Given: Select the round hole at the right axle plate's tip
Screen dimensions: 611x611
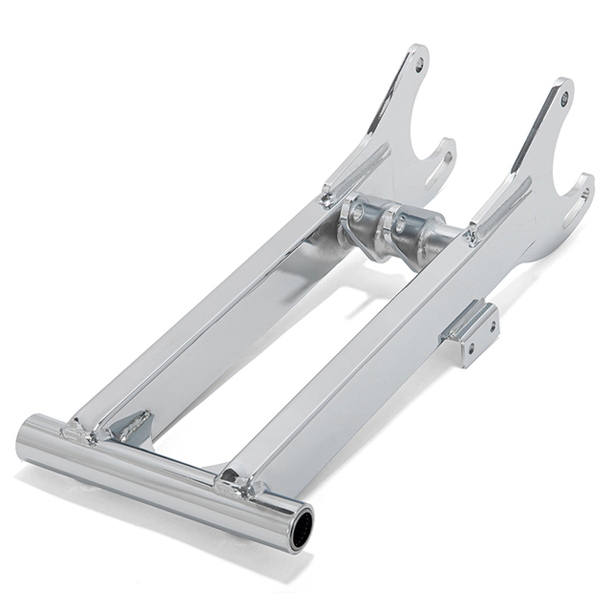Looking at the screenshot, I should point(564,97).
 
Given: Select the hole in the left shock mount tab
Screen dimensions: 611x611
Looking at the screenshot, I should point(358,216).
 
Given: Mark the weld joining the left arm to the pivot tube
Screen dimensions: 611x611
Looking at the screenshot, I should point(81,433).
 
